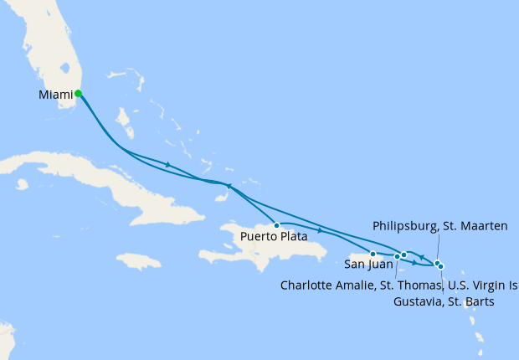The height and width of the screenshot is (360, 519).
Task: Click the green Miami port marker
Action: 78,94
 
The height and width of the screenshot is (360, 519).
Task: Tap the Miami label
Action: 55,95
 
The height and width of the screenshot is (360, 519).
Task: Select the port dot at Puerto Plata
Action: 276,225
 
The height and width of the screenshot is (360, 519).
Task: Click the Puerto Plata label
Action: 273,237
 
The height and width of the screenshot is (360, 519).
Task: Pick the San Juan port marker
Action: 373,253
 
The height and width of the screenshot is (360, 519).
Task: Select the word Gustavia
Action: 418,301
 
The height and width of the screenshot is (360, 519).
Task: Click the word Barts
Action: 476,301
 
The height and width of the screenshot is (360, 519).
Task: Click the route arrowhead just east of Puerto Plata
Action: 321,230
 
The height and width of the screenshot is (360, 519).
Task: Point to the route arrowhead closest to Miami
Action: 168,164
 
